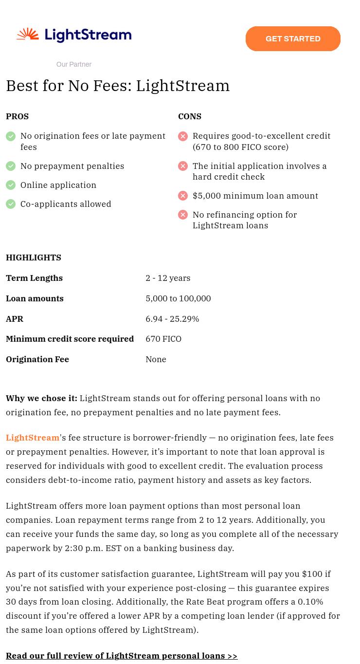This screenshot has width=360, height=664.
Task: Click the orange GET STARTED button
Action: [293, 39]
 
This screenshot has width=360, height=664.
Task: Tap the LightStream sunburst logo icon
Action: [28, 35]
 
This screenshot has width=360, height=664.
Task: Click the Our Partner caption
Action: [74, 64]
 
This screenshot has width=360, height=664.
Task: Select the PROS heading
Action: [18, 116]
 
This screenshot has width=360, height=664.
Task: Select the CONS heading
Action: [190, 116]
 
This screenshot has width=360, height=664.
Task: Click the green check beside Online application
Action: [11, 185]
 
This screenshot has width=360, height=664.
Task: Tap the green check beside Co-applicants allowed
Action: [11, 204]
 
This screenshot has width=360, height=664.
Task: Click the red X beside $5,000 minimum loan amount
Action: [183, 196]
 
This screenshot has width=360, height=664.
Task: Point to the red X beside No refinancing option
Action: [183, 215]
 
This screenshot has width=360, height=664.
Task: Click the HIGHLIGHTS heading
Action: [34, 258]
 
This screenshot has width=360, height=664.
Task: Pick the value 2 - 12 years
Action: [168, 278]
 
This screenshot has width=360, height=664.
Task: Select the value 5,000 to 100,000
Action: [178, 298]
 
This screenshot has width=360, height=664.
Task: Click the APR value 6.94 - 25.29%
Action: [172, 319]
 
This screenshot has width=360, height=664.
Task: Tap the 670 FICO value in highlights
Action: [163, 339]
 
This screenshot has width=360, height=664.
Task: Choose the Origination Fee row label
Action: [37, 359]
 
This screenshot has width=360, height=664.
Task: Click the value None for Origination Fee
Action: [156, 359]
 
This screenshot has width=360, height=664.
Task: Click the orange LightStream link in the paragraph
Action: [33, 438]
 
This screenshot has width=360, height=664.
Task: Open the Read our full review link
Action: [122, 656]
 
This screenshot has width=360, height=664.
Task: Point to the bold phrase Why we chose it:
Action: [41, 398]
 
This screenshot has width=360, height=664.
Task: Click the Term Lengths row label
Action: [34, 278]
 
